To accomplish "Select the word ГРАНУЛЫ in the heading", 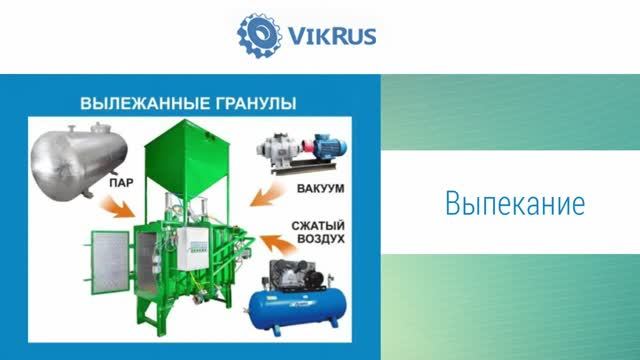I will click(x=253, y=103).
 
